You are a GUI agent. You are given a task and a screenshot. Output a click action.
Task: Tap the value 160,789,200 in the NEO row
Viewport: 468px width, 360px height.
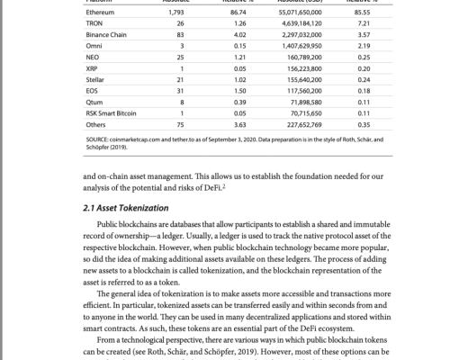coord(305,56)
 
